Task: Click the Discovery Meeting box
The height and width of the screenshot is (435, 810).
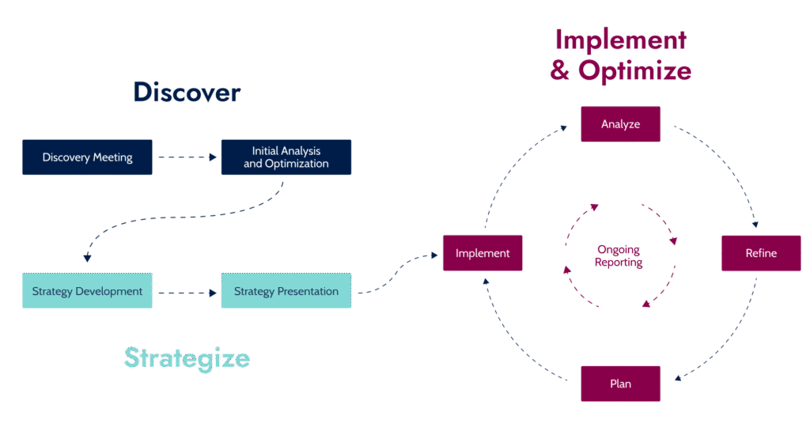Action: [x=87, y=157]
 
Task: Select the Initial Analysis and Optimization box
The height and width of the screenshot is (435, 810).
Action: [x=286, y=157]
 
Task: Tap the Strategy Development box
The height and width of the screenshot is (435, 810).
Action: [x=87, y=291]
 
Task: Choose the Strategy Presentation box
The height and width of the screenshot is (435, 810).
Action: [x=286, y=291]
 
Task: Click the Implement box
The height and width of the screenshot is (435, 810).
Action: [x=482, y=253]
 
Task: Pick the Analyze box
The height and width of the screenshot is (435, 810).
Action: [x=620, y=124]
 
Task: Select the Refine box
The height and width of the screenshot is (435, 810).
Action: [x=760, y=253]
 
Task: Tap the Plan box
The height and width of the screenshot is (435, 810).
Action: [x=620, y=384]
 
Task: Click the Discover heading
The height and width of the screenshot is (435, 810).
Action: [x=187, y=93]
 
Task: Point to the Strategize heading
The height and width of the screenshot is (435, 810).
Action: [x=187, y=357]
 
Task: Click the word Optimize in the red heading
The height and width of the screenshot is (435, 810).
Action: [x=634, y=71]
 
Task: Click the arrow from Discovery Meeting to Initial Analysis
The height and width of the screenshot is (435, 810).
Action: [x=187, y=157]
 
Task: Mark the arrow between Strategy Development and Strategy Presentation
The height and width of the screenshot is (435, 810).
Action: [x=187, y=293]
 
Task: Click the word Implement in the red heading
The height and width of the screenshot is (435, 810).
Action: [x=620, y=40]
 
